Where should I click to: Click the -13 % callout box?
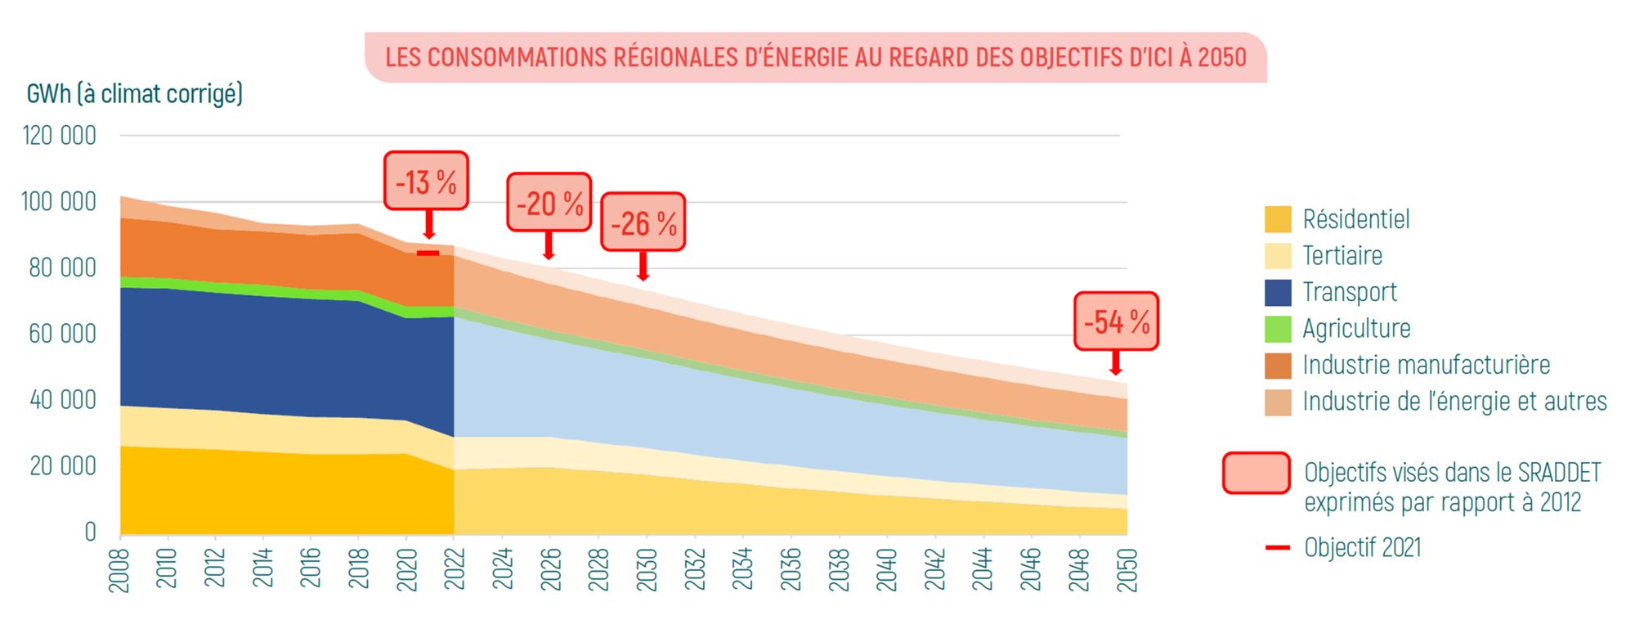[x=426, y=181]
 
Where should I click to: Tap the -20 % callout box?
[x=549, y=202]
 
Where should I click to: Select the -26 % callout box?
[x=643, y=222]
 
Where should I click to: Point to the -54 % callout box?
[x=1116, y=321]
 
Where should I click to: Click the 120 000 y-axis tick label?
[x=59, y=136]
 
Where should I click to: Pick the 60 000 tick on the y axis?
[x=62, y=334]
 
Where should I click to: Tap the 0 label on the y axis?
[x=90, y=532]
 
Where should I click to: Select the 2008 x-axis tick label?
[x=120, y=569]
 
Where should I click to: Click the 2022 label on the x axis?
[x=455, y=569]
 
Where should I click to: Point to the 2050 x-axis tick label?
[x=1127, y=569]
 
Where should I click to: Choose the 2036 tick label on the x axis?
[x=791, y=569]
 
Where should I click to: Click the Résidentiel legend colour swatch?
[x=1278, y=219]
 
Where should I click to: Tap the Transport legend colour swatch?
[x=1278, y=292]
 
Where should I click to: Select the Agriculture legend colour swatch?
[x=1278, y=329]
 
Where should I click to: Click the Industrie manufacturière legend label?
[x=1426, y=365]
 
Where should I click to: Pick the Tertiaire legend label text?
[x=1342, y=256]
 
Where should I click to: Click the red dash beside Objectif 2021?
[x=1277, y=547]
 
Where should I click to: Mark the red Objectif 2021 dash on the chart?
[x=428, y=254]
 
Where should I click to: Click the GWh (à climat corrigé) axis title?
[x=135, y=94]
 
